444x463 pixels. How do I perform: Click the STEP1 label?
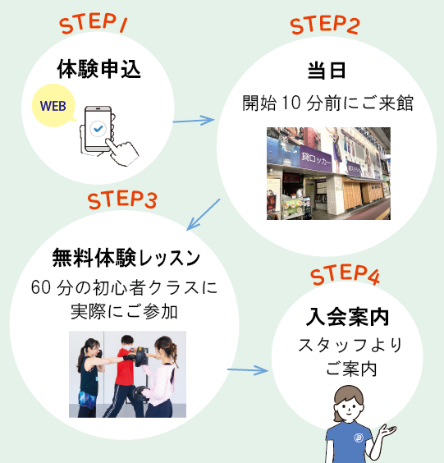tap(94, 23)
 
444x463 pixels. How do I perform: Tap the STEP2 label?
tap(325, 25)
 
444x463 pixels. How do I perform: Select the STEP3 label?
tap(122, 199)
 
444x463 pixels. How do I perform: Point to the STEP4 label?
tap(345, 275)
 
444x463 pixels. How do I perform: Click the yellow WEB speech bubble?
tap(54, 106)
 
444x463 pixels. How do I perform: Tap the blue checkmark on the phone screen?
tap(98, 128)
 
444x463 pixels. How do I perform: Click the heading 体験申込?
tap(98, 69)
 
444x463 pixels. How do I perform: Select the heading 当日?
tap(327, 71)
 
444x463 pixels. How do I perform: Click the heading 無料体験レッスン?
tap(126, 258)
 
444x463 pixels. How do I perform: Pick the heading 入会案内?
tap(347, 317)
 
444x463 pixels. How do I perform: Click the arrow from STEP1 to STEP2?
tap(194, 121)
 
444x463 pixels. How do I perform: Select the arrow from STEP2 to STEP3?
tap(203, 214)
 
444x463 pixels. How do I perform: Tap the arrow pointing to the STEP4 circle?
tap(248, 370)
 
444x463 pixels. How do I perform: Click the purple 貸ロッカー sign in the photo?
tap(315, 160)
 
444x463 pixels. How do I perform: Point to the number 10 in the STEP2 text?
tap(291, 103)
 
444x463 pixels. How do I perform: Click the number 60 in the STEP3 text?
tap(41, 287)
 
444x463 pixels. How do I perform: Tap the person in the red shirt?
tap(123, 376)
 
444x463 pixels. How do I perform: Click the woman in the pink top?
tap(160, 377)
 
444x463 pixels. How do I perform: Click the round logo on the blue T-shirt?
tap(359, 438)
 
